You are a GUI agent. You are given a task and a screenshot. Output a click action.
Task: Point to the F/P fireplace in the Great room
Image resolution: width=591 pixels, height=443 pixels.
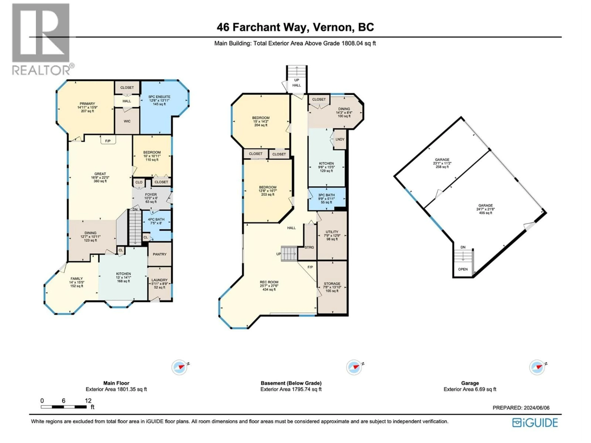tap(108, 141)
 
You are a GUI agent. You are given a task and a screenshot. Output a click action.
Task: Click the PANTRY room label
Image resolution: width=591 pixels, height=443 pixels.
tap(159, 254)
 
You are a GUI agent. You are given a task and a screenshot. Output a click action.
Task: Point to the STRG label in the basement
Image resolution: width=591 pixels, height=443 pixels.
tap(309, 247)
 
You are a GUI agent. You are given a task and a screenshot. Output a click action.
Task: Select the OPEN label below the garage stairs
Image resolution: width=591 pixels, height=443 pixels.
tap(463, 269)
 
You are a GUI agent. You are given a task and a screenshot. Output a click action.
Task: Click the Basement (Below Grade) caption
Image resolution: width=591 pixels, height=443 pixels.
tap(291, 383)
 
